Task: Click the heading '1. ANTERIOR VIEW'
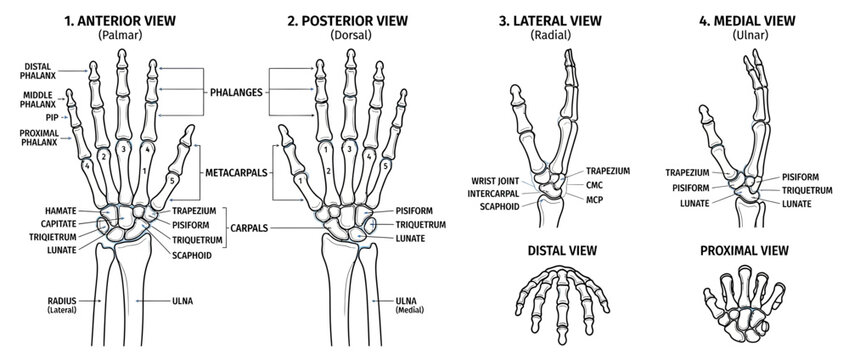(x=120, y=21)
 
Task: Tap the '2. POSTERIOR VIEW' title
(x=347, y=21)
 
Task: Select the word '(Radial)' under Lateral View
(x=550, y=36)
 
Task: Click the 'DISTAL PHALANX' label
(x=37, y=71)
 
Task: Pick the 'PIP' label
(x=53, y=117)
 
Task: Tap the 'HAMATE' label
(x=61, y=211)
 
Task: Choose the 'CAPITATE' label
(x=59, y=224)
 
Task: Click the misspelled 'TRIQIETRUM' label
(x=53, y=237)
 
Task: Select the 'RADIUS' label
(x=62, y=300)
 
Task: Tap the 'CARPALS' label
(x=249, y=228)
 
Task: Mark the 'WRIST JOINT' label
(x=495, y=181)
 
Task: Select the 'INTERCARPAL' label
(x=494, y=193)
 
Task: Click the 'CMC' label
(x=594, y=185)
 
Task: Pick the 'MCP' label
(x=594, y=199)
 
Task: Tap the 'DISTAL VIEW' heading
(x=563, y=251)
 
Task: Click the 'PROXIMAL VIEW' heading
(x=744, y=251)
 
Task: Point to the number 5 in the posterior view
(x=386, y=166)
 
